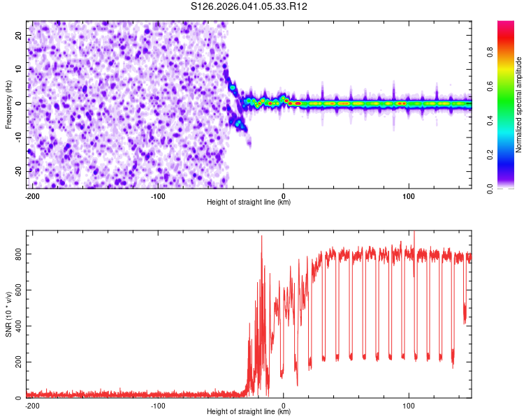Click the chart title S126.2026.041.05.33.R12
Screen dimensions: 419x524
(x=249, y=6)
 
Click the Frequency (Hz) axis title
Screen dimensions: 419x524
(x=8, y=104)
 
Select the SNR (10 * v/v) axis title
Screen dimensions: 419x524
(x=8, y=314)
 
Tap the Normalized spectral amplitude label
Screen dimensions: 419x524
(x=518, y=105)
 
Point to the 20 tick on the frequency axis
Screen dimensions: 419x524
(x=19, y=35)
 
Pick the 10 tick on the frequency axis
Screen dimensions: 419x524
(x=19, y=69)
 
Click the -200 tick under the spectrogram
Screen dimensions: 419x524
(x=32, y=196)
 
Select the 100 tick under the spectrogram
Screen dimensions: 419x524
(x=409, y=196)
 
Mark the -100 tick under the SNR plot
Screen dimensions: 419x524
(x=158, y=405)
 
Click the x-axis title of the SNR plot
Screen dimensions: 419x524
(x=249, y=412)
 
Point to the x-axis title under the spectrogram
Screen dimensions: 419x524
(x=249, y=203)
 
